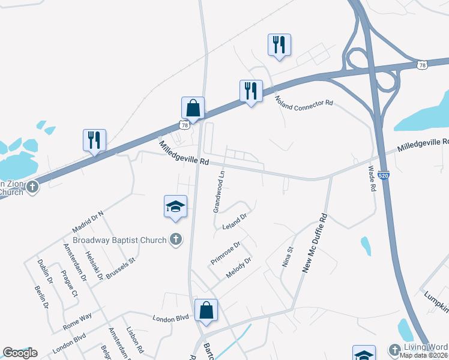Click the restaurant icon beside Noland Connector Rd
click(250, 91)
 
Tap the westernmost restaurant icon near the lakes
click(94, 140)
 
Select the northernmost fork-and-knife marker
click(279, 45)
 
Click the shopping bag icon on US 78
click(193, 109)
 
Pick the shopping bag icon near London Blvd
click(206, 310)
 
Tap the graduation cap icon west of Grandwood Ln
click(175, 207)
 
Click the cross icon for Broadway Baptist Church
click(175, 240)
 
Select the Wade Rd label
click(372, 179)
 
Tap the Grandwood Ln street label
click(219, 191)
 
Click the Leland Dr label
click(235, 220)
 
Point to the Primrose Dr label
click(226, 253)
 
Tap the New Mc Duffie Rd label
click(316, 243)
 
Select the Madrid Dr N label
click(88, 222)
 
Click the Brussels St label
click(122, 266)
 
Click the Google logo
click(20, 353)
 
